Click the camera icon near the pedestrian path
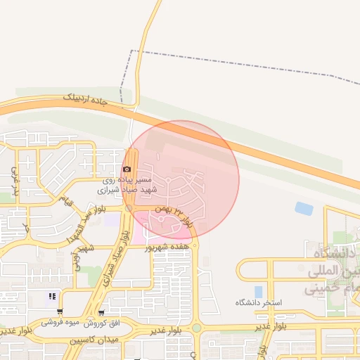(127, 169)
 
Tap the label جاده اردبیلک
(86, 101)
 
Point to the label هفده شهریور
(167, 247)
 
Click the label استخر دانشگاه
(258, 302)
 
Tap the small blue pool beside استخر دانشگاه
(258, 291)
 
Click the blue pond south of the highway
(304, 208)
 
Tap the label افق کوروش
(102, 324)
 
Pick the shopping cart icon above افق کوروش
(102, 313)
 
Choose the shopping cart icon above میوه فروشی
(60, 311)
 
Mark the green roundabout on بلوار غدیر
(196, 328)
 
